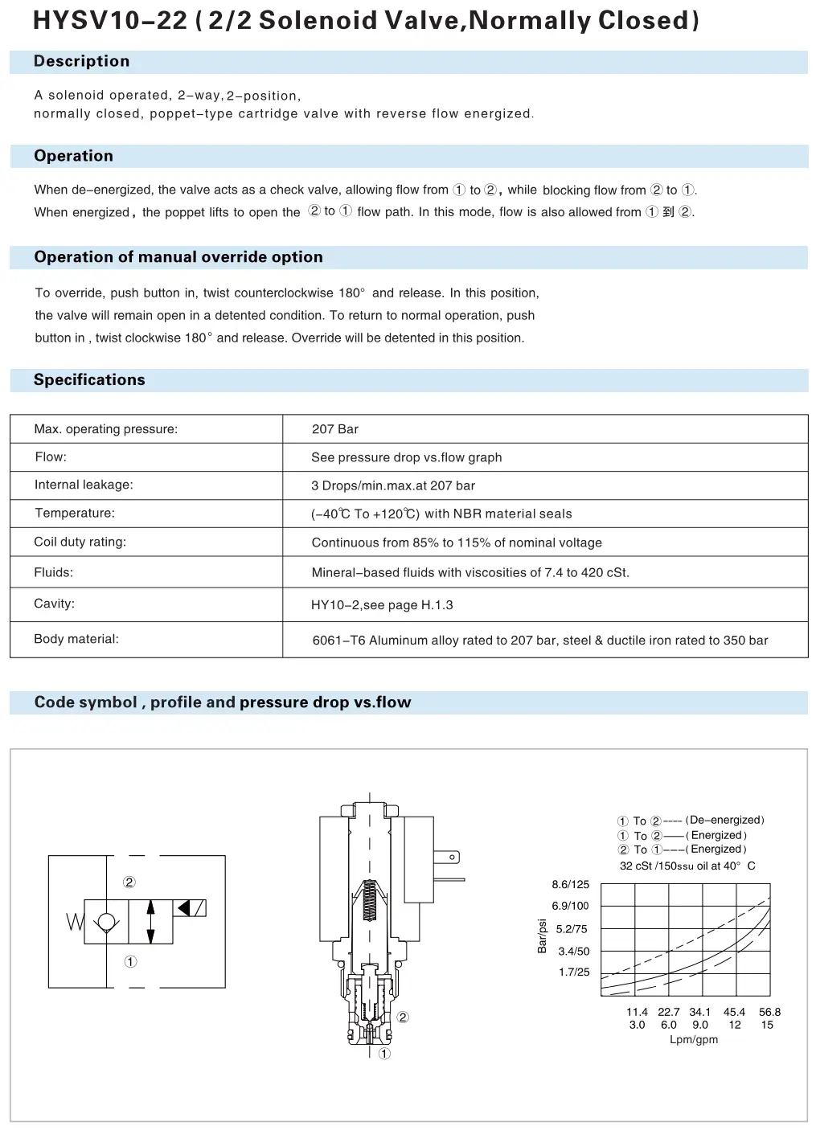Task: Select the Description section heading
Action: (81, 61)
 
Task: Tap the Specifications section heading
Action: (89, 380)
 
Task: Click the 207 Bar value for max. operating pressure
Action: (335, 429)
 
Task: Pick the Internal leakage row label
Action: (84, 485)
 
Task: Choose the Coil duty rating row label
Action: (80, 542)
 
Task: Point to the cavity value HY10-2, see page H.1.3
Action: (382, 605)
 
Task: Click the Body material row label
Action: (76, 639)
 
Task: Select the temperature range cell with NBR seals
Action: (441, 514)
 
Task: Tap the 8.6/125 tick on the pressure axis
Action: (570, 885)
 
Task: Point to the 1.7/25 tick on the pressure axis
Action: (574, 972)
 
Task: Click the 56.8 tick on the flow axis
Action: (769, 1013)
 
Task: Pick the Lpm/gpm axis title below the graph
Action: (694, 1040)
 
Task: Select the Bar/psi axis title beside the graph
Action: (543, 936)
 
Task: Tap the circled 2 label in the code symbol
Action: (129, 882)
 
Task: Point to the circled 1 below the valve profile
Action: (384, 1054)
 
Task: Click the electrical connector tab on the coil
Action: (448, 858)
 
